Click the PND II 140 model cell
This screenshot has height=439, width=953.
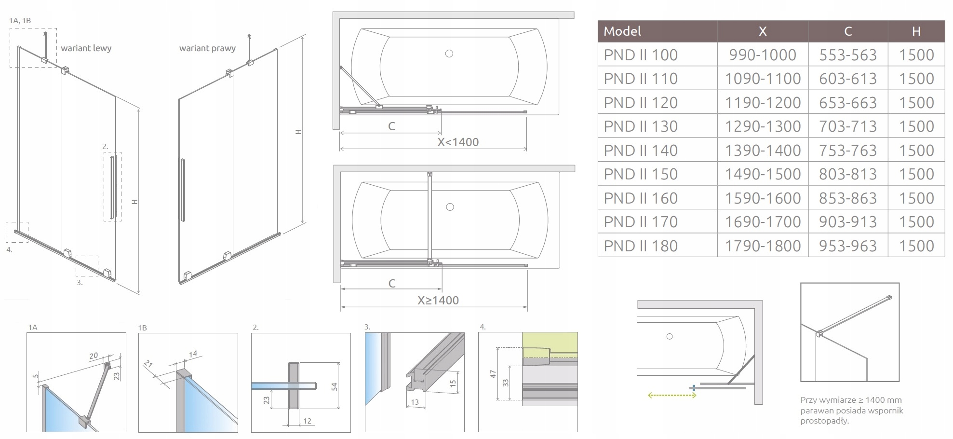click(641, 150)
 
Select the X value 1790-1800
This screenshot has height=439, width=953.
click(763, 246)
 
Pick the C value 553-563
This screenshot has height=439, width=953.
click(848, 55)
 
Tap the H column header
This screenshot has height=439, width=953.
click(916, 31)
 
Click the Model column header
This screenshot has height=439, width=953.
click(622, 31)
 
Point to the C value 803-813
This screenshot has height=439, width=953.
click(848, 174)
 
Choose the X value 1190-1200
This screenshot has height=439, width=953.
click(763, 103)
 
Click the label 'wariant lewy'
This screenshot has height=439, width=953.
click(86, 48)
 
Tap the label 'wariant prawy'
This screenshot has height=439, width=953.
click(207, 48)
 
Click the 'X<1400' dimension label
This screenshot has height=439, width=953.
click(458, 142)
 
